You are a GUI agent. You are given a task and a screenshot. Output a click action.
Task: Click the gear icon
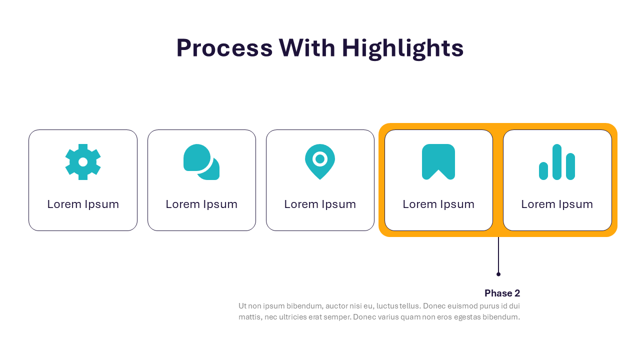tap(83, 162)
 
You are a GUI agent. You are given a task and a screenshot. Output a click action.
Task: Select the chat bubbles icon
tap(201, 162)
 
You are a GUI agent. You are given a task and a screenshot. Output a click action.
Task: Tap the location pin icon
tap(320, 162)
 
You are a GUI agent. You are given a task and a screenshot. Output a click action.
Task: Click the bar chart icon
tap(557, 162)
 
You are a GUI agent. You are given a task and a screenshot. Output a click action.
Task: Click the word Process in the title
tap(224, 48)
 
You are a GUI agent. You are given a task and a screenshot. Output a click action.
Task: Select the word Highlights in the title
tap(402, 48)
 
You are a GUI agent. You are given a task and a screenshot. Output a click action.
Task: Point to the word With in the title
tap(307, 47)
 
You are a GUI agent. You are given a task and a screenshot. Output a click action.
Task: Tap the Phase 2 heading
tap(502, 293)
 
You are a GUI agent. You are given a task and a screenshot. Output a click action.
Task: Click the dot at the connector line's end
tap(498, 274)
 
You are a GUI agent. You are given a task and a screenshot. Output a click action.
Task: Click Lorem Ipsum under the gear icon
tap(83, 204)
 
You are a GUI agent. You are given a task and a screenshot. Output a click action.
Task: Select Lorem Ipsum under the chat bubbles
tap(201, 204)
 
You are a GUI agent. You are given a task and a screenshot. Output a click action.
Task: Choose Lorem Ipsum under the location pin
tap(320, 204)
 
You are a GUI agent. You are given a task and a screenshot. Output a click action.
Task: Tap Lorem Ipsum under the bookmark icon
tap(438, 204)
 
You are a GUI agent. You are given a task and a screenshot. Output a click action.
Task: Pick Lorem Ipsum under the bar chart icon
tap(557, 204)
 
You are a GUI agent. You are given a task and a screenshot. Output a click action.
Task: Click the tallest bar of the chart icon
tap(557, 162)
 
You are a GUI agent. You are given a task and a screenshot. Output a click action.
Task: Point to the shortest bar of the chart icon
tap(543, 171)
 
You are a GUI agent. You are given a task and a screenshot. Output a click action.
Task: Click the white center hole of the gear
tap(83, 162)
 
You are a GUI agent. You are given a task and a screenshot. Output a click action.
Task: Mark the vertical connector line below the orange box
tap(498, 254)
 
